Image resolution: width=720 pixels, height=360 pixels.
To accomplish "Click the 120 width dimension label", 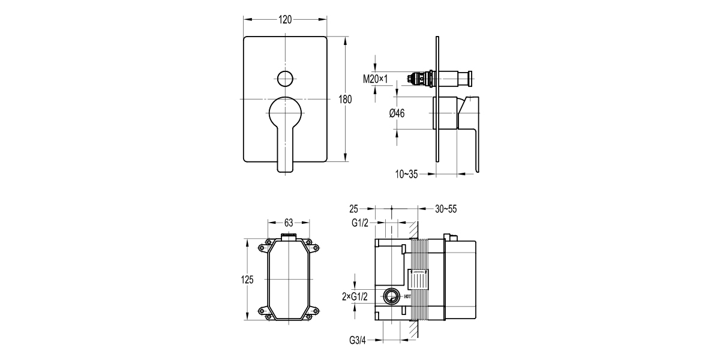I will tap(285, 19).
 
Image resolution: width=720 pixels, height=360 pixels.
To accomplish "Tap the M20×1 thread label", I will tap(376, 79).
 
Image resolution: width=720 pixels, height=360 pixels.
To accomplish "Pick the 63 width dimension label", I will tap(289, 223).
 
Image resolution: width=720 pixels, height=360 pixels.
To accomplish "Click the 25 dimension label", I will tap(353, 209).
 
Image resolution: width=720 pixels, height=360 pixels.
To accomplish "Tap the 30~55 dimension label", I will tap(445, 209).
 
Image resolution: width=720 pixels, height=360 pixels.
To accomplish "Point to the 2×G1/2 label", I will tap(355, 296).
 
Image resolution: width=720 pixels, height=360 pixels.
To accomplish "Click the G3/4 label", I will tap(358, 340).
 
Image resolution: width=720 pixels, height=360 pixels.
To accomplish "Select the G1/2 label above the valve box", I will tap(359, 223).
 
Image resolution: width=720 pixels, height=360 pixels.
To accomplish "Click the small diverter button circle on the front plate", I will tap(285, 78).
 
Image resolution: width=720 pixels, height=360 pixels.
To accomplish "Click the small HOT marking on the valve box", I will tap(407, 296).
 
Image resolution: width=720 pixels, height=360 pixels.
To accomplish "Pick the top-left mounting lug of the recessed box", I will tap(262, 245).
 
